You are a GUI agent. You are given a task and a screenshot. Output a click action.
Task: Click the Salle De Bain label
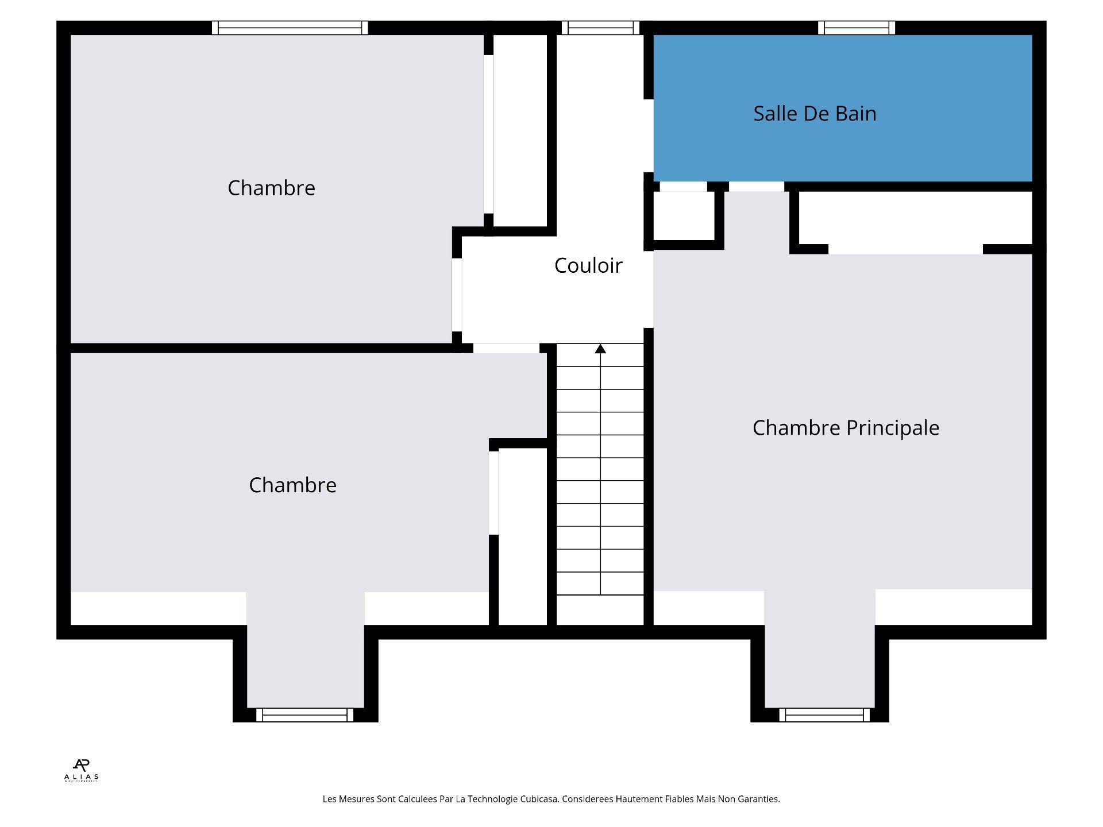point(815,114)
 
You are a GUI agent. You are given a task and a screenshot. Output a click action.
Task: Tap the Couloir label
point(588,265)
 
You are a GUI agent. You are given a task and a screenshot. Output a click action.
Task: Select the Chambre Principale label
point(846,428)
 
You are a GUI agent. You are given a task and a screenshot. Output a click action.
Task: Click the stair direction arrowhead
point(600,349)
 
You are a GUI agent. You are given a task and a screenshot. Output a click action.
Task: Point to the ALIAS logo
point(82,770)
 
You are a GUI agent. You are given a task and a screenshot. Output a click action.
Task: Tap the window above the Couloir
point(600,28)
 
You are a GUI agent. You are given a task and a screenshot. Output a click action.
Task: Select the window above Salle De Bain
point(857,28)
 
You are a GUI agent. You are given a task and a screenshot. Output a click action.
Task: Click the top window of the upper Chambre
point(290,28)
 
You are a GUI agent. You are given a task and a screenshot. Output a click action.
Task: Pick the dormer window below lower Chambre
point(305,715)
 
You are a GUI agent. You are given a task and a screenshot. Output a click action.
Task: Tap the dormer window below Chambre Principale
point(824,715)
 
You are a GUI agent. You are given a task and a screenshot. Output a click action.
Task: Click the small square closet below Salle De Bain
point(684,216)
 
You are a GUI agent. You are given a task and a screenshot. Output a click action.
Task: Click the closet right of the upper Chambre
point(520,131)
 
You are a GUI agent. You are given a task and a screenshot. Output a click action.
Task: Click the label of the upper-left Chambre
point(271,188)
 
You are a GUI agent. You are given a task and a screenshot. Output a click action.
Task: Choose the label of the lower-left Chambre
point(292,485)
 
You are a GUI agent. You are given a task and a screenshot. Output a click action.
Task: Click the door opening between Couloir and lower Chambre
point(506,348)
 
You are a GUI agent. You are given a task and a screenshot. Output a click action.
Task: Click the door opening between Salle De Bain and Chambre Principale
point(756,187)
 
